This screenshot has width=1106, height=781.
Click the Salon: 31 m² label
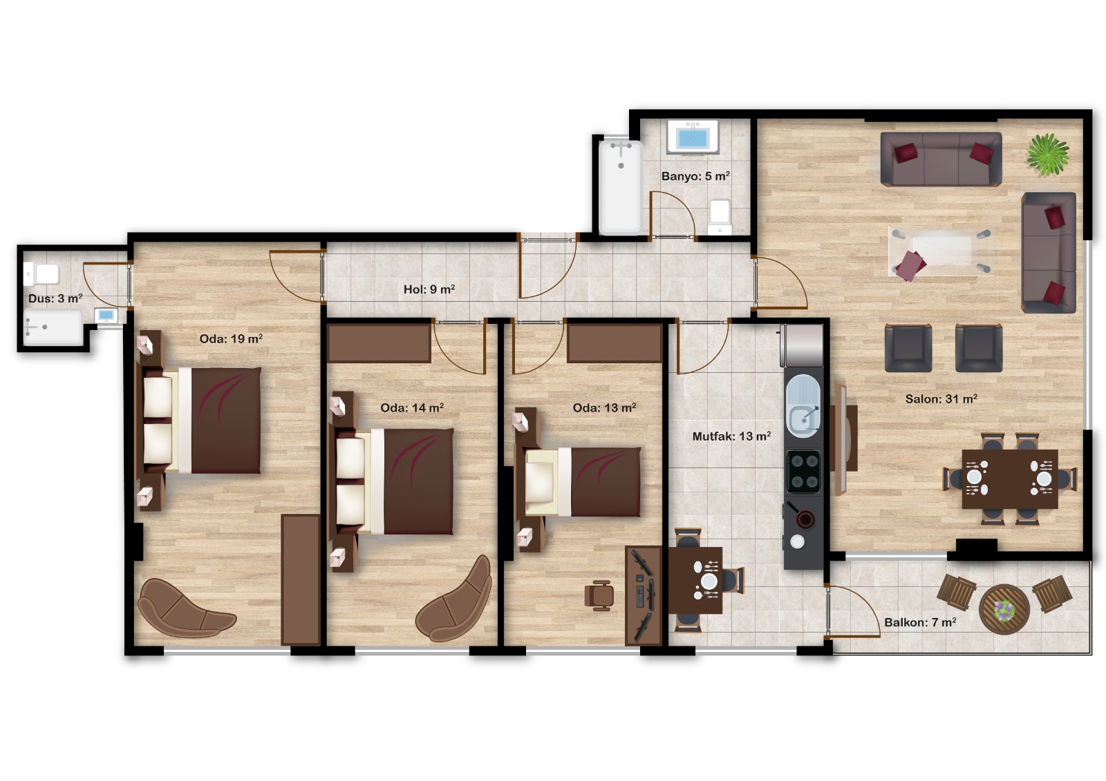click(941, 398)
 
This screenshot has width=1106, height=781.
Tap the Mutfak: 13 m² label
click(731, 436)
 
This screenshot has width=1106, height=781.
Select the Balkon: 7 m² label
click(920, 622)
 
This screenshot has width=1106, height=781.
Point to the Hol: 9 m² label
click(429, 289)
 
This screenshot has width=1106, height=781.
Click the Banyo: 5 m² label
click(695, 176)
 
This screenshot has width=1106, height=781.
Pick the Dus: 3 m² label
click(55, 298)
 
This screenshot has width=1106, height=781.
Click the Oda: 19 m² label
click(231, 339)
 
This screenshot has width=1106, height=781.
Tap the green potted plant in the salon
click(1048, 155)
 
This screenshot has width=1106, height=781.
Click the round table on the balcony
click(1004, 609)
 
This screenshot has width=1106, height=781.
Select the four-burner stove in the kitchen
click(803, 472)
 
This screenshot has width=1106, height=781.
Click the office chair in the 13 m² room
click(599, 595)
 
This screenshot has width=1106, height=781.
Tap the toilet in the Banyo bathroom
click(720, 217)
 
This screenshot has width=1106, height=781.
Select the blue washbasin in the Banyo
click(693, 137)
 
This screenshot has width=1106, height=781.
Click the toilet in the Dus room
click(41, 274)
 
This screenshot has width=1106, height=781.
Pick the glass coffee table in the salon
click(941, 251)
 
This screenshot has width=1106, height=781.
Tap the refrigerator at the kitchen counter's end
click(801, 345)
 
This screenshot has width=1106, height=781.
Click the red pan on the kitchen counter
click(805, 519)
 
